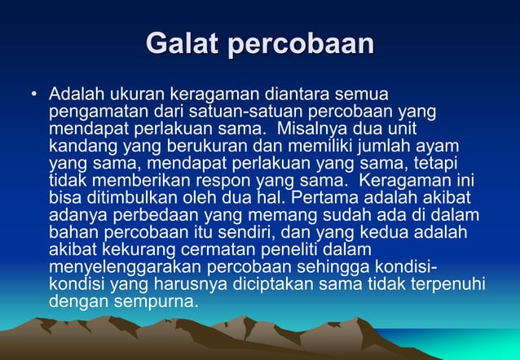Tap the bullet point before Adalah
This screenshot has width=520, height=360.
33,93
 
